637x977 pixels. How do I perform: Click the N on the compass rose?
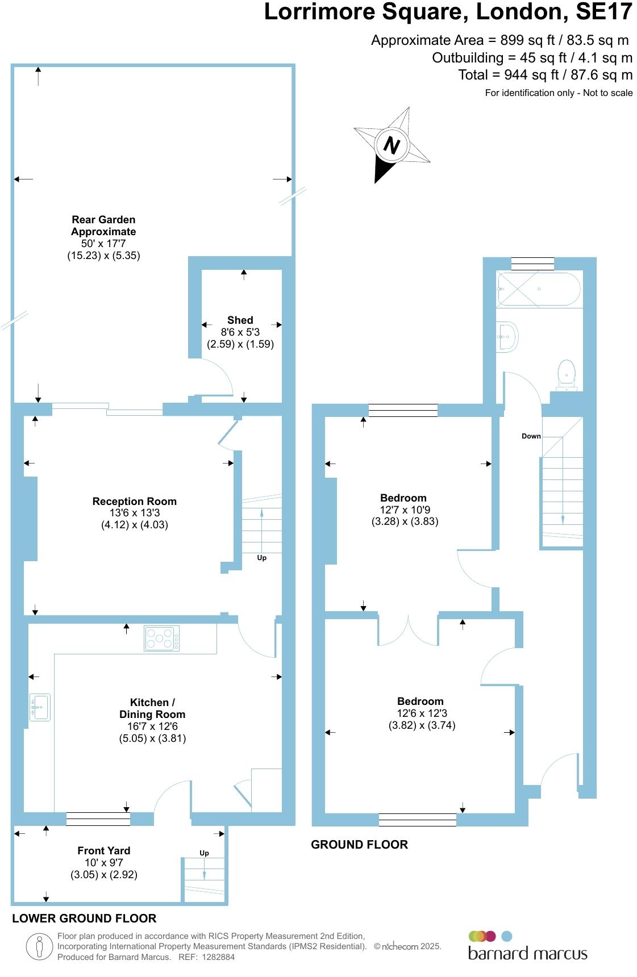coord(392,145)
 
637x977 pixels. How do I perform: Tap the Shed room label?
coord(240,320)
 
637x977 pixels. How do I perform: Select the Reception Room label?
coord(135,501)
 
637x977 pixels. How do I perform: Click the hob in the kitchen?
coord(162,638)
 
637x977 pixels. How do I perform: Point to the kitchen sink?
coord(40,707)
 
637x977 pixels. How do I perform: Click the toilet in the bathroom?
coord(567,375)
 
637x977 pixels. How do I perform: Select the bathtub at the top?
coord(538,289)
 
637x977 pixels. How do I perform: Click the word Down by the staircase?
coord(531,436)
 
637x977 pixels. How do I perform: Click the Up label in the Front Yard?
coord(204,853)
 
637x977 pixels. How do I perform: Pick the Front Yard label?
coord(104,850)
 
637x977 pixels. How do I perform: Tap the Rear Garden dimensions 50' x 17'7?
coord(103,244)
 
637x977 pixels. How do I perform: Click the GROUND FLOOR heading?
coord(359,845)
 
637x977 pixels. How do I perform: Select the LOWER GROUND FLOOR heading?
coord(84,918)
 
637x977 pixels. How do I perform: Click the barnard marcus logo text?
coord(527,954)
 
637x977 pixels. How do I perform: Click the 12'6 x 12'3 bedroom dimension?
coord(422,713)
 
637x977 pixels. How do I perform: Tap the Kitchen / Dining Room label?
coord(152,708)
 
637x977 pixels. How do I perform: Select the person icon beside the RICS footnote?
coord(39,947)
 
